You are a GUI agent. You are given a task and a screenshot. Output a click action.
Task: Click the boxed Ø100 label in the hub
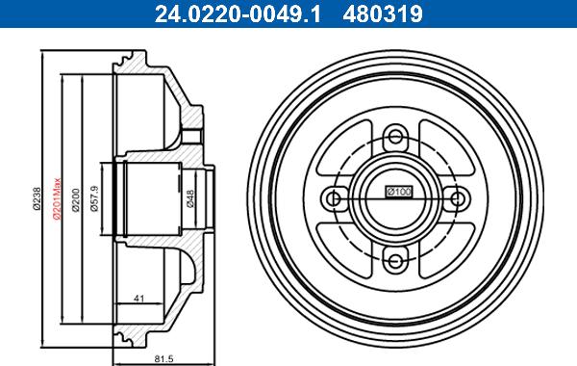[398, 192]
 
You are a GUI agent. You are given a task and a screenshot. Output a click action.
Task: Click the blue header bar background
[500, 13]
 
